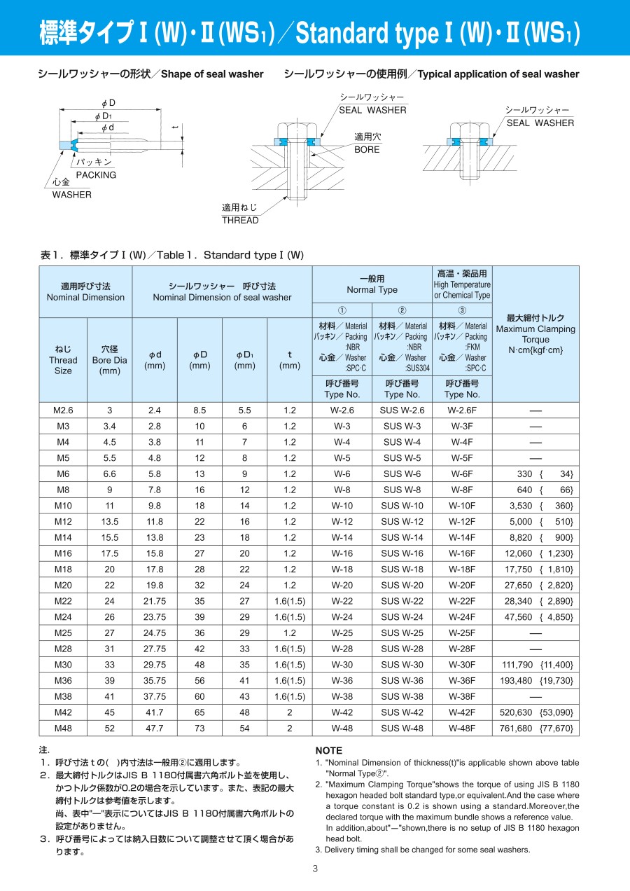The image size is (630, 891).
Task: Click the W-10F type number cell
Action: point(462,506)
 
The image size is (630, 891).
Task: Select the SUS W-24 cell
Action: point(402,617)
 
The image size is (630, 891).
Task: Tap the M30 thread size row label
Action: point(63,665)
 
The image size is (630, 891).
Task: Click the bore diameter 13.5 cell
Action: point(110,522)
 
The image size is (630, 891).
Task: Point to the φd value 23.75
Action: point(155,617)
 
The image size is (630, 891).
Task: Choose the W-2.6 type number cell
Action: point(342,410)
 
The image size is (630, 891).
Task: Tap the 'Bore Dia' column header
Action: point(110,360)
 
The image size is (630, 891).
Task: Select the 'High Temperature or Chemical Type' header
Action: point(462,284)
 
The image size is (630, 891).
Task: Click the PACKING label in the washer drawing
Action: point(96,175)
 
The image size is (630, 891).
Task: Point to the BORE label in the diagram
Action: point(367,149)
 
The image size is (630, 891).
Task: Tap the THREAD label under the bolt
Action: point(240,220)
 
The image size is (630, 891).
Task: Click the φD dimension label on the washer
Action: point(108,104)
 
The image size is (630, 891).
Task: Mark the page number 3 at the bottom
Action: point(315,869)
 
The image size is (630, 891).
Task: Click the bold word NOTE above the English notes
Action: point(329,750)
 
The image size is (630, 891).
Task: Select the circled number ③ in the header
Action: point(462,310)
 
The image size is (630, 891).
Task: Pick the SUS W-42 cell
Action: point(402,712)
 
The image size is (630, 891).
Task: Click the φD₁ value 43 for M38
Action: point(244,697)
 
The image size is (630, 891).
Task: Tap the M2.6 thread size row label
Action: point(63,410)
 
